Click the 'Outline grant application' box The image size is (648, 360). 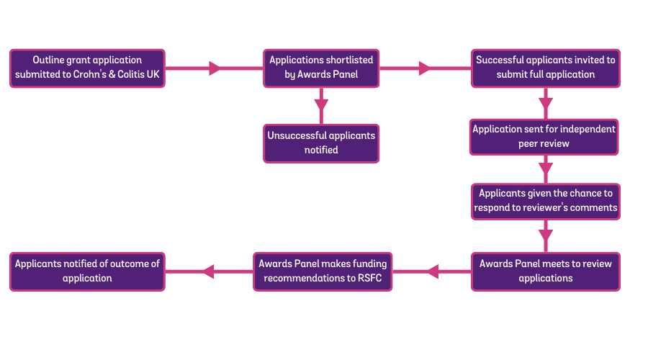(x=87, y=68)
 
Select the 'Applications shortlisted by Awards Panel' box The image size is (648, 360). (x=321, y=68)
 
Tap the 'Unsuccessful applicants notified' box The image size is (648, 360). (x=321, y=143)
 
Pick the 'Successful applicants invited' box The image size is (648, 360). (x=545, y=68)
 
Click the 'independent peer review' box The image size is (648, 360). (x=544, y=137)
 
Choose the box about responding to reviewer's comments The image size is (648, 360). (x=545, y=201)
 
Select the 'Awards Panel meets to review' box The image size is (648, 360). (x=545, y=271)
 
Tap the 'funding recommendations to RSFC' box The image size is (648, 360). (x=323, y=271)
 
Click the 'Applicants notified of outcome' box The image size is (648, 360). (x=87, y=271)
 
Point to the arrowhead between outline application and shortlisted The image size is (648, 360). (x=215, y=68)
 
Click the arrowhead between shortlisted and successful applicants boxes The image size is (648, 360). (x=425, y=68)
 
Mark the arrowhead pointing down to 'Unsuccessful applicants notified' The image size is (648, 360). (x=321, y=106)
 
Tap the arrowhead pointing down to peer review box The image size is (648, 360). (x=546, y=102)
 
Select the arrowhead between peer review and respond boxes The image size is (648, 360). (x=546, y=168)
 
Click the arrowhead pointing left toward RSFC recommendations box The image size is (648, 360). (x=432, y=271)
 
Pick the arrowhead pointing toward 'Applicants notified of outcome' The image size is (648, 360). (x=208, y=271)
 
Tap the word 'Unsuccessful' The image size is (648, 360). (x=297, y=135)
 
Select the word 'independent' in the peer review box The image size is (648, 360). (x=588, y=130)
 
